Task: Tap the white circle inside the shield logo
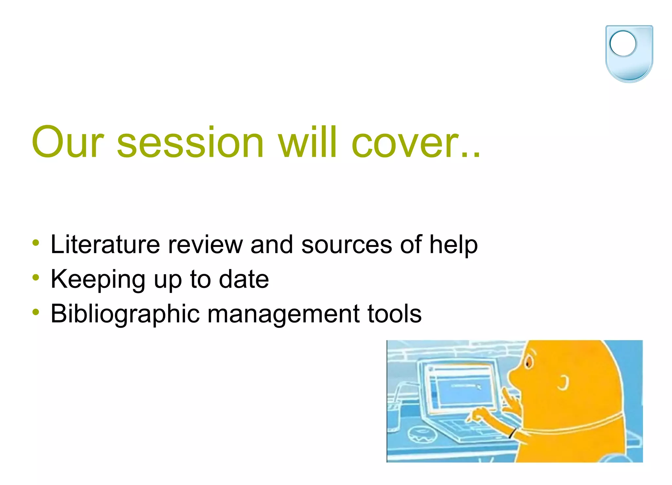(x=623, y=44)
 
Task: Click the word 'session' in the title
(x=190, y=143)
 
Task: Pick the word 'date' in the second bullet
(x=244, y=279)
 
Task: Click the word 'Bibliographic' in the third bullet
(x=125, y=314)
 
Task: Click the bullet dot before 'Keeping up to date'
(x=36, y=278)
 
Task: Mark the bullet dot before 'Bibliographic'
(x=36, y=313)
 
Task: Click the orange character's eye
(x=528, y=363)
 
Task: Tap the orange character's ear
(x=563, y=383)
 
